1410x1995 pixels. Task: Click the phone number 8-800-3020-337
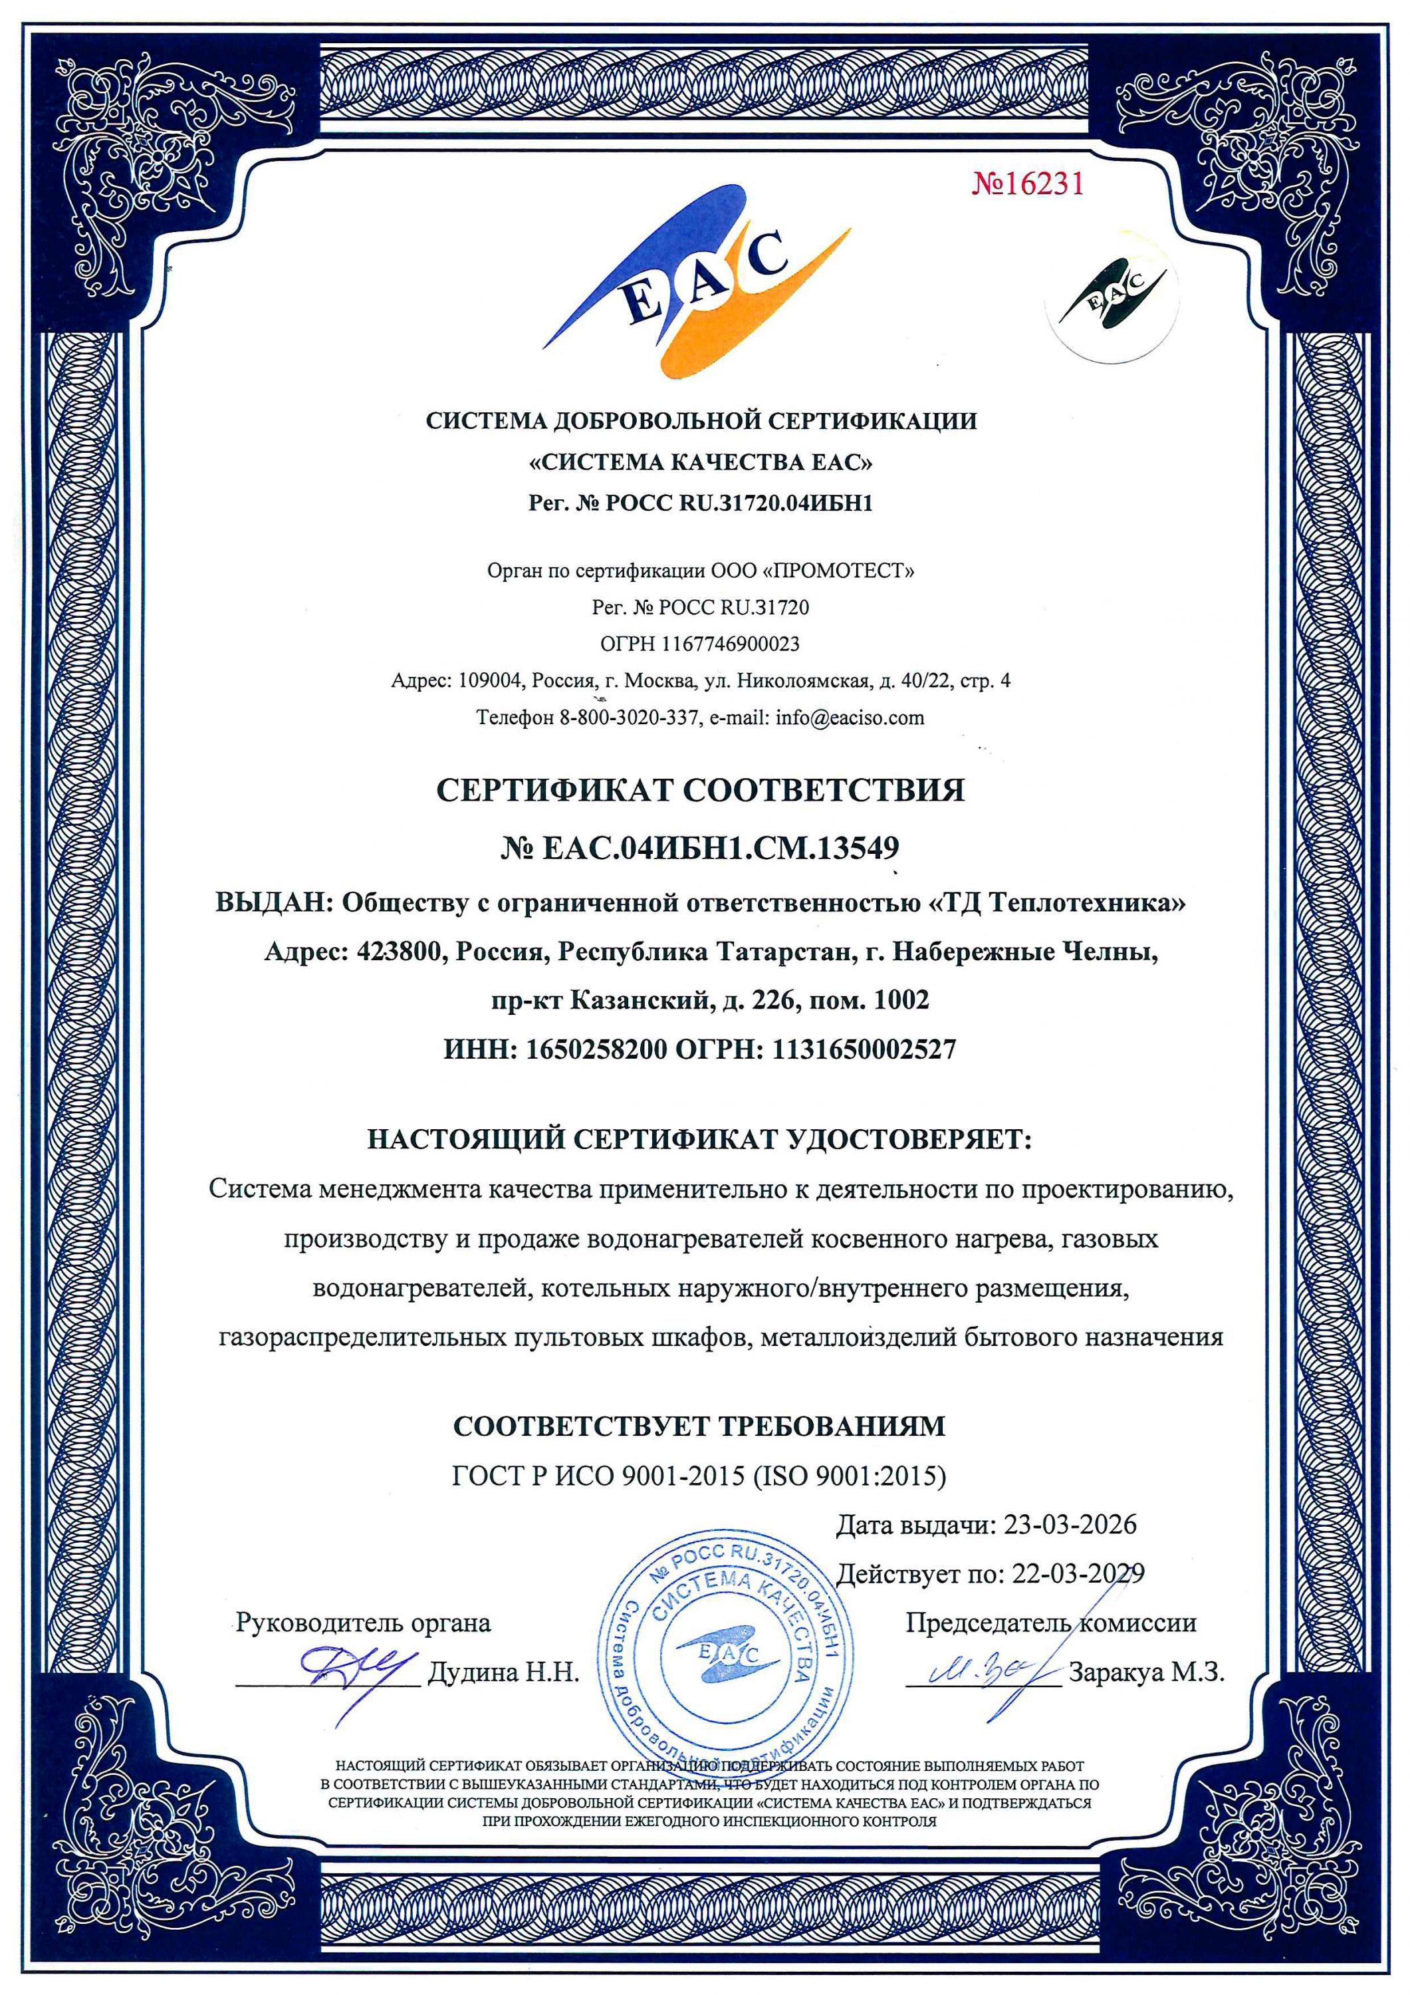(628, 718)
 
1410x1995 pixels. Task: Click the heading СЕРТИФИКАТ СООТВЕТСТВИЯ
(700, 790)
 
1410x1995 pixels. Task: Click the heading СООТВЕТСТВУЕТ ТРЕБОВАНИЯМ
(699, 1426)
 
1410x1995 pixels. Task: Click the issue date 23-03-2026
(1070, 1524)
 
